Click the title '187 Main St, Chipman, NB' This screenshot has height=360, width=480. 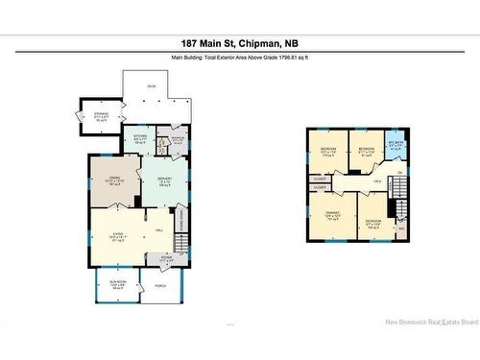(240, 43)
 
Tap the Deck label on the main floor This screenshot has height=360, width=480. (152, 87)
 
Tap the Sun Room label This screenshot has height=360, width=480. (116, 284)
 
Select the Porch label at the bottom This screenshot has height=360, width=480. (159, 284)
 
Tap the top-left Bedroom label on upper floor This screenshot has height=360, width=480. (328, 152)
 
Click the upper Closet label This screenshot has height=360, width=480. (320, 179)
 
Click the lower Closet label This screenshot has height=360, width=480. (320, 189)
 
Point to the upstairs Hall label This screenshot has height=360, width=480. (376, 180)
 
